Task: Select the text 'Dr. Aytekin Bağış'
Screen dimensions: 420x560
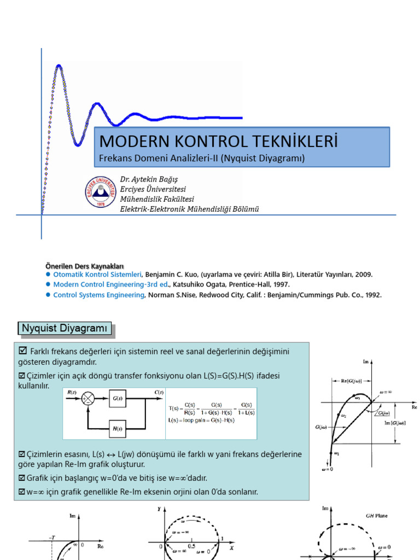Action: pyautogui.click(x=149, y=179)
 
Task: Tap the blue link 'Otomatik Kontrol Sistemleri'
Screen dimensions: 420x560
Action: pyautogui.click(x=97, y=274)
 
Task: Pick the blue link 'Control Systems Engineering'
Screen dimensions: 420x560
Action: pyautogui.click(x=98, y=295)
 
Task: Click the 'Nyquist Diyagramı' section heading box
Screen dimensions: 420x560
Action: pyautogui.click(x=65, y=328)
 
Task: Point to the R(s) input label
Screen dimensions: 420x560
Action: pyautogui.click(x=72, y=392)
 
